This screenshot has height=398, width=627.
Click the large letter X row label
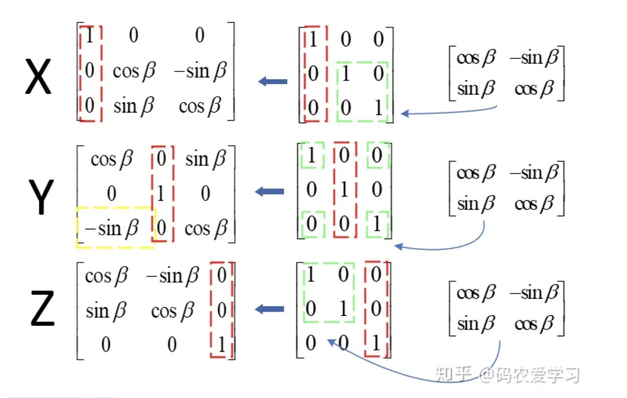coord(38,76)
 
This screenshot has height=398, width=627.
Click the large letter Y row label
coord(41,197)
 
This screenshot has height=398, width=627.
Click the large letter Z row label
coord(43,308)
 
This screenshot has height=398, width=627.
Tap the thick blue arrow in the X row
coord(273,81)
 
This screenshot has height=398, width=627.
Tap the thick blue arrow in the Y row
coord(270,192)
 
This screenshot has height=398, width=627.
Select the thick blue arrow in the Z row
coord(270,309)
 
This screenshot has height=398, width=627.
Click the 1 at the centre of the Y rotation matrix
coord(161,193)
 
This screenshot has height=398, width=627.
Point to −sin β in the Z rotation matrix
coord(173,276)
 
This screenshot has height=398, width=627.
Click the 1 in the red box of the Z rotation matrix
coord(221,344)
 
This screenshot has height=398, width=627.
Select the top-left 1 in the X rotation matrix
coord(89,35)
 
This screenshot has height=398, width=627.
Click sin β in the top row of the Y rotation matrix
coord(206,159)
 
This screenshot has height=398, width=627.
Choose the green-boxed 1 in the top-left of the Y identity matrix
coord(311,156)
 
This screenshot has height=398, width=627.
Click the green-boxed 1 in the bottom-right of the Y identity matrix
coord(377,224)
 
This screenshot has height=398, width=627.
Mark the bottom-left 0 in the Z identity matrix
coord(311,343)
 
